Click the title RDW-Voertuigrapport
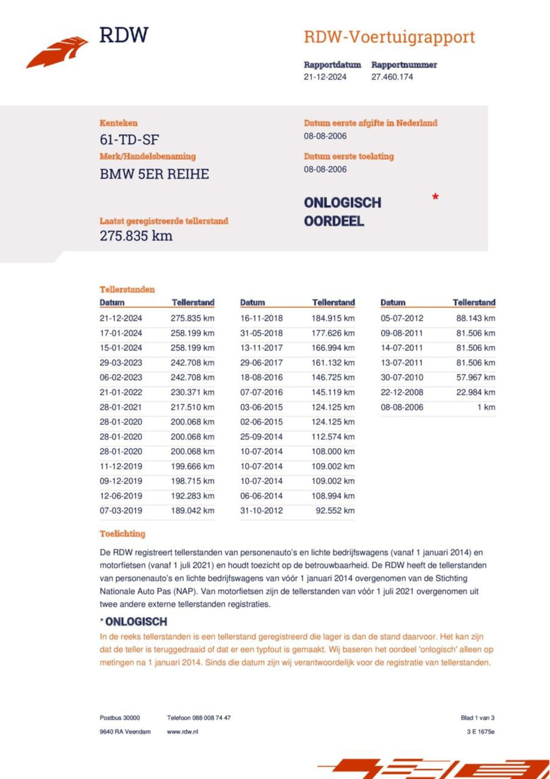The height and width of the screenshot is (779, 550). [389, 37]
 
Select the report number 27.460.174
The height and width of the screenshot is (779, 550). [392, 77]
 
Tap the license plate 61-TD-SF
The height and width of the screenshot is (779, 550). [129, 140]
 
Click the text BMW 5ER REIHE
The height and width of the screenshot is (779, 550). [154, 174]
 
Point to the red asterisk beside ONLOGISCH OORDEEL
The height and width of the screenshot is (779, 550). [435, 197]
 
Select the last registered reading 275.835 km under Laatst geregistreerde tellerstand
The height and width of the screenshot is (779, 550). [136, 236]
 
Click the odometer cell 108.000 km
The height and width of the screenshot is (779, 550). [333, 451]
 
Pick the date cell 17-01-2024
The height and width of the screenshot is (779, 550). [121, 333]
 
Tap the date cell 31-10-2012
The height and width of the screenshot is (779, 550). [261, 511]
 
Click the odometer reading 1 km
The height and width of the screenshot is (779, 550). [486, 407]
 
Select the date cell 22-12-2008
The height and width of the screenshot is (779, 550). [402, 393]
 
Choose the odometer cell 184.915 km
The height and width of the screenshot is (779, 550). [333, 319]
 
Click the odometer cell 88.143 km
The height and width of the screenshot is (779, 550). [475, 319]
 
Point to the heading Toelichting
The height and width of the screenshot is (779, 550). [122, 534]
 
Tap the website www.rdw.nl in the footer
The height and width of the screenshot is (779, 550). [182, 732]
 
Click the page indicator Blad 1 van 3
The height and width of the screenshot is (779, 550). [477, 718]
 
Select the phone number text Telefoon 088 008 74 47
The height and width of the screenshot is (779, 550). [199, 718]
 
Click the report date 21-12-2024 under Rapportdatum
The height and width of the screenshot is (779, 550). [325, 77]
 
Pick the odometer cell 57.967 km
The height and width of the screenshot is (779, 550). [475, 377]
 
